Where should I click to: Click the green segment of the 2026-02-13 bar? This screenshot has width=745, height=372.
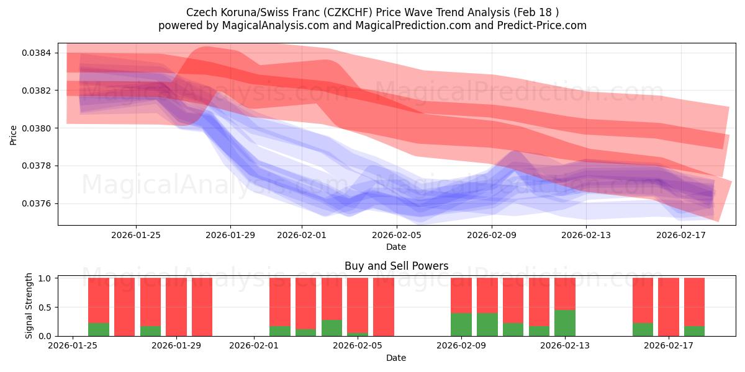pos(565,323)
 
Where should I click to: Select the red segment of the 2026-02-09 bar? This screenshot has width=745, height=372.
pos(461,295)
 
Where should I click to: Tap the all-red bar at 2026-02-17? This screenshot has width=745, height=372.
pos(669,307)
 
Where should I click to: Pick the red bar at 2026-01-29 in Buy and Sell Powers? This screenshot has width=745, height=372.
pos(176,307)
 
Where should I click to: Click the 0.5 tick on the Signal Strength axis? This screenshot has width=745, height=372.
pos(45,308)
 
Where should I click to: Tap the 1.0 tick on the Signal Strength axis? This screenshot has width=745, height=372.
pos(45,278)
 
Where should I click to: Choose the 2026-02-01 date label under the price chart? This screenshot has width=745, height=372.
pos(302,235)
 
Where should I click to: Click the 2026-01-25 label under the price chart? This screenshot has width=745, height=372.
pos(136,235)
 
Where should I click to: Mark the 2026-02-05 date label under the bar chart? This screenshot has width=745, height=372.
pos(358,346)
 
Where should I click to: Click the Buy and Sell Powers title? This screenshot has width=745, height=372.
pos(396,267)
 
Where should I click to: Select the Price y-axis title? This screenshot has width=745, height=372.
pos(14,135)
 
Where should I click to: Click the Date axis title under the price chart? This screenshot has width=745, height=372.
pos(396,247)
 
